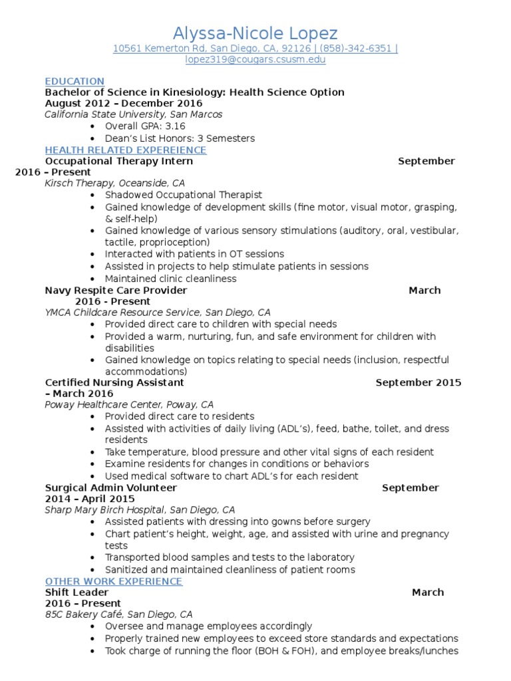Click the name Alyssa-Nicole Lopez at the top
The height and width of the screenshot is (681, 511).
(x=255, y=33)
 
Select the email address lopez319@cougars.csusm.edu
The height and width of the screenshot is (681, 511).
(x=255, y=60)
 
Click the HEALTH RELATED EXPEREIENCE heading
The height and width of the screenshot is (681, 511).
(x=126, y=150)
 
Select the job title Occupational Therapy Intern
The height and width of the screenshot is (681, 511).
(x=119, y=161)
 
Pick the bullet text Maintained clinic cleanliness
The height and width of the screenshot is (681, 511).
(x=170, y=279)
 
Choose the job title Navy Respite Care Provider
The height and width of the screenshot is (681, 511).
(x=116, y=290)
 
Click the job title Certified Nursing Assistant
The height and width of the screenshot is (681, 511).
(x=114, y=382)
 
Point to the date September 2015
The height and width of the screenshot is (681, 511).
(x=418, y=382)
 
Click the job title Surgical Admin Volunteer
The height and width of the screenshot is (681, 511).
(x=111, y=487)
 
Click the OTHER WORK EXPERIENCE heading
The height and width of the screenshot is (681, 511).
(x=113, y=581)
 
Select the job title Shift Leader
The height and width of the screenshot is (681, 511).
(x=77, y=592)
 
